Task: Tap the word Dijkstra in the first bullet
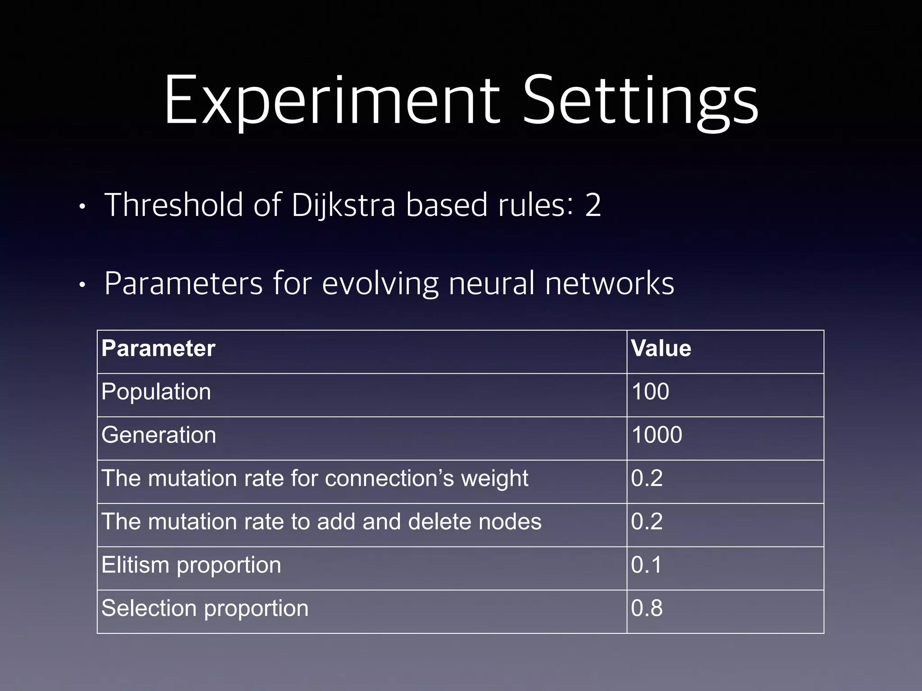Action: click(343, 205)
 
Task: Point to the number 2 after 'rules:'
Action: click(592, 205)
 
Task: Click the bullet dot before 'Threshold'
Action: click(81, 207)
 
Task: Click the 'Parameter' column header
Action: click(158, 349)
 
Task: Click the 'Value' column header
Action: click(661, 349)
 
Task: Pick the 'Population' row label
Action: click(156, 392)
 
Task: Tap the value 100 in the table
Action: click(650, 392)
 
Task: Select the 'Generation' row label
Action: click(159, 435)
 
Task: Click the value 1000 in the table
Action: click(656, 435)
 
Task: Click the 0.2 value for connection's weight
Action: click(646, 478)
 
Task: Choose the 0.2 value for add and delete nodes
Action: click(646, 522)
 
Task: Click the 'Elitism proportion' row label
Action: click(191, 565)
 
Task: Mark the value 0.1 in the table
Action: click(646, 565)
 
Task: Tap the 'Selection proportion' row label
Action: click(205, 608)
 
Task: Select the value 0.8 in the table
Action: click(646, 608)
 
